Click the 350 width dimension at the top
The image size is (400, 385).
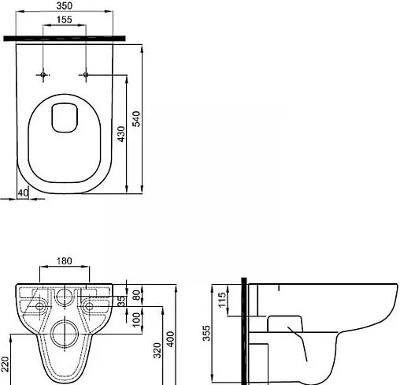[64, 7]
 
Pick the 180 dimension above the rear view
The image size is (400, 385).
[64, 262]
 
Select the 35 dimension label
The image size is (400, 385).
[121, 301]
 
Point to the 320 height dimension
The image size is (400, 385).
[157, 349]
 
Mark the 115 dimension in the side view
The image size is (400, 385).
[223, 299]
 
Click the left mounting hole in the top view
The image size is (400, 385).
[40, 75]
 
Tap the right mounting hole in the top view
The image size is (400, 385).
[85, 75]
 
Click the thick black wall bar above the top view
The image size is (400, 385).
[64, 36]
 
